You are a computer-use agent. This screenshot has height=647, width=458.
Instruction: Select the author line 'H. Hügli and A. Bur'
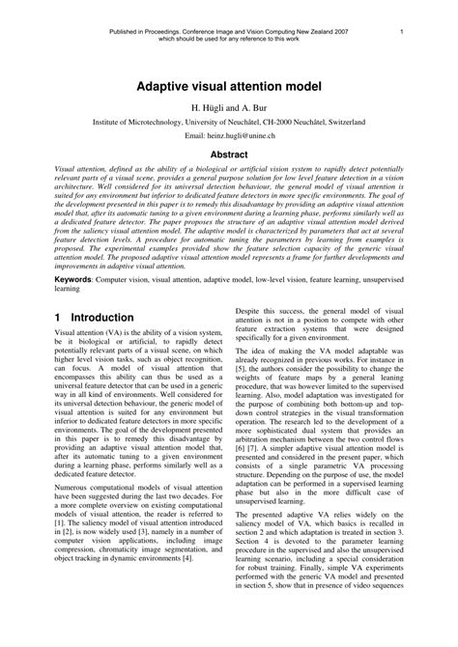[x=228, y=109]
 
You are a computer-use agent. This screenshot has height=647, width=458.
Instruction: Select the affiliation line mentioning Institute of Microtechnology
[x=228, y=125]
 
